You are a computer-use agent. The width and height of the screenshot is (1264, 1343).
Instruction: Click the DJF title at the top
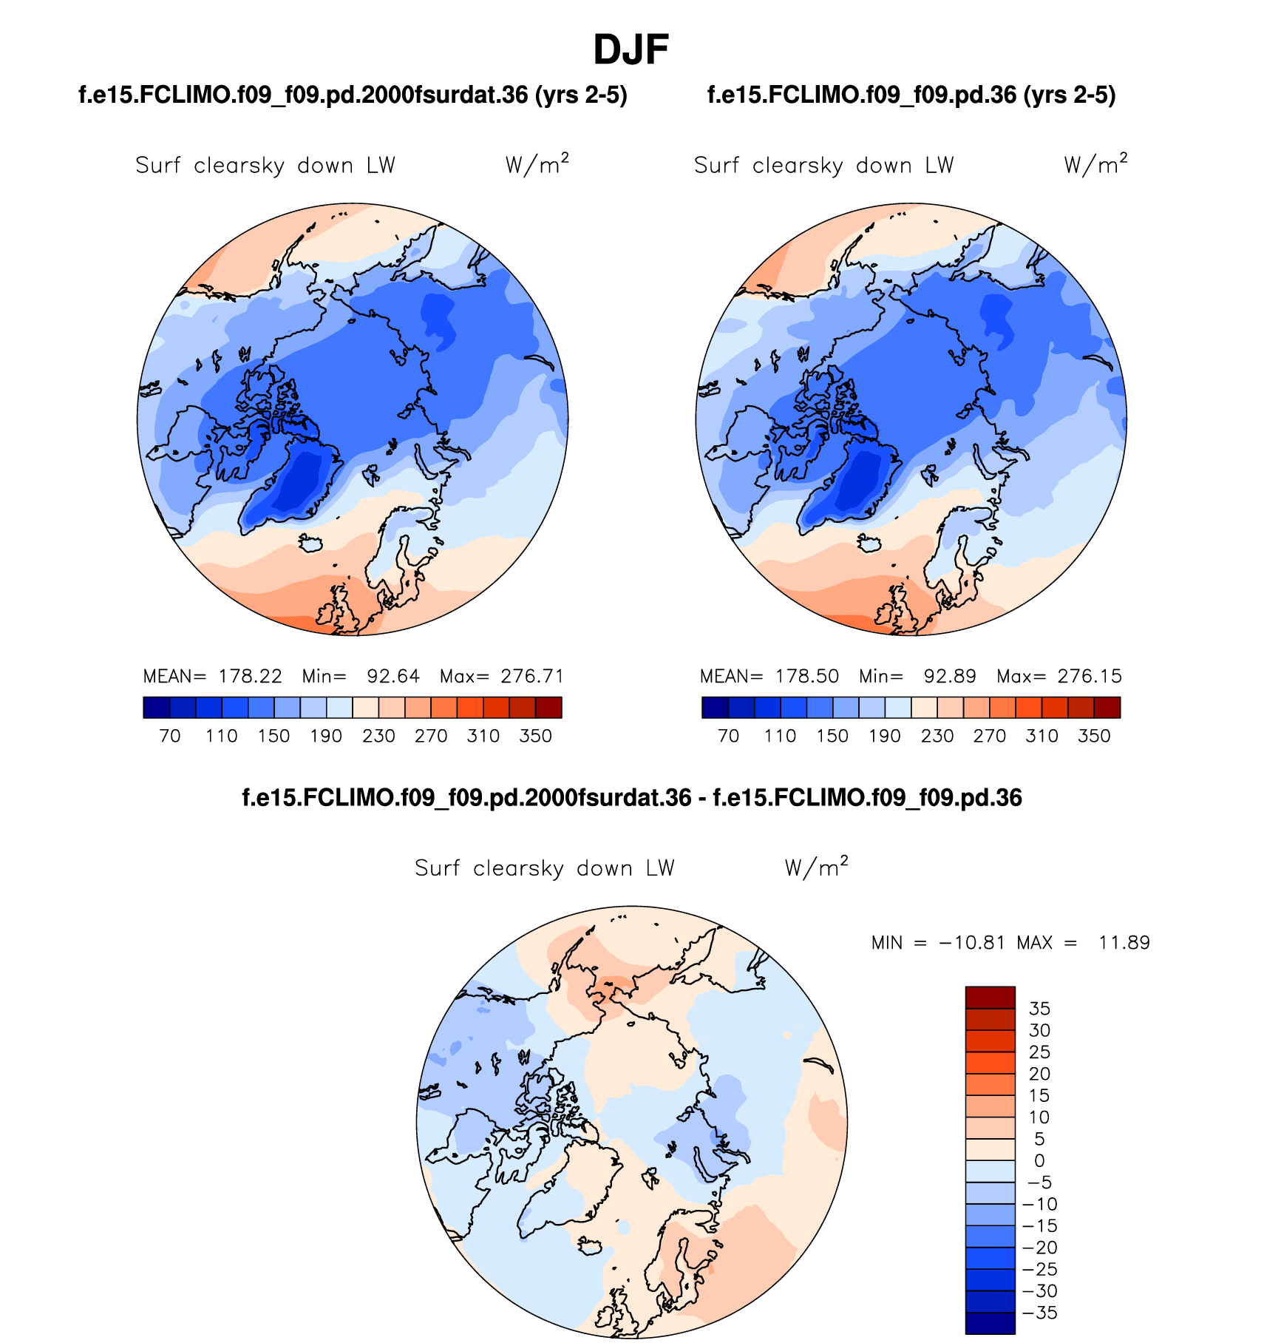pyautogui.click(x=631, y=50)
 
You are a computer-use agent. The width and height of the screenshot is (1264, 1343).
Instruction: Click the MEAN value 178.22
pyautogui.click(x=250, y=676)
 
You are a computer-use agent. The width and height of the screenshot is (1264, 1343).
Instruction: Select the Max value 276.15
pyautogui.click(x=1090, y=676)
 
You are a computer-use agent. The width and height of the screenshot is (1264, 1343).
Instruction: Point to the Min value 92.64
pyautogui.click(x=393, y=676)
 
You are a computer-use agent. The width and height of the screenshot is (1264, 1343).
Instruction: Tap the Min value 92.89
pyautogui.click(x=950, y=676)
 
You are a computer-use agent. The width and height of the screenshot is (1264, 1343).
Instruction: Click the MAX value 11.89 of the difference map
pyautogui.click(x=1124, y=943)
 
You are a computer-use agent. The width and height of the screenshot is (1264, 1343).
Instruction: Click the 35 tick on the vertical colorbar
pyautogui.click(x=1039, y=1009)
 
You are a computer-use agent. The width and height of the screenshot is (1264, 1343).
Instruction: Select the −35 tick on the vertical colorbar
pyautogui.click(x=1039, y=1313)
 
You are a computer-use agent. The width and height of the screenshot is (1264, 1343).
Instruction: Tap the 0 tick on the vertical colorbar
pyautogui.click(x=1039, y=1160)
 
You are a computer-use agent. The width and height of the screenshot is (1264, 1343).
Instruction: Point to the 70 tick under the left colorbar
pyautogui.click(x=170, y=736)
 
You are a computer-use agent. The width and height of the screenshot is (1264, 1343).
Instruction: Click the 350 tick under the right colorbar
pyautogui.click(x=1094, y=736)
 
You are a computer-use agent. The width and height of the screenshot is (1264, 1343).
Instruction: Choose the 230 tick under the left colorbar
pyautogui.click(x=378, y=736)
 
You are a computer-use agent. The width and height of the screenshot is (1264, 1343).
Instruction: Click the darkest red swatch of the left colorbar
pyautogui.click(x=548, y=708)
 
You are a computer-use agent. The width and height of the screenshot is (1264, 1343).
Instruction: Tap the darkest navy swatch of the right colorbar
pyautogui.click(x=715, y=708)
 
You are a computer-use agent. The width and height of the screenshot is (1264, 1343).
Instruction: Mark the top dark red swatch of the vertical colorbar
pyautogui.click(x=990, y=997)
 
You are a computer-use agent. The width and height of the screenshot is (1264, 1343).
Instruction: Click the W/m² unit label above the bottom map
pyautogui.click(x=816, y=867)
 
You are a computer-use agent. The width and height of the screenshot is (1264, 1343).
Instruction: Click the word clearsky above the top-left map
pyautogui.click(x=239, y=166)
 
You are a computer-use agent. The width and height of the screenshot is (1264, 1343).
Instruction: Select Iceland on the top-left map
pyautogui.click(x=311, y=543)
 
